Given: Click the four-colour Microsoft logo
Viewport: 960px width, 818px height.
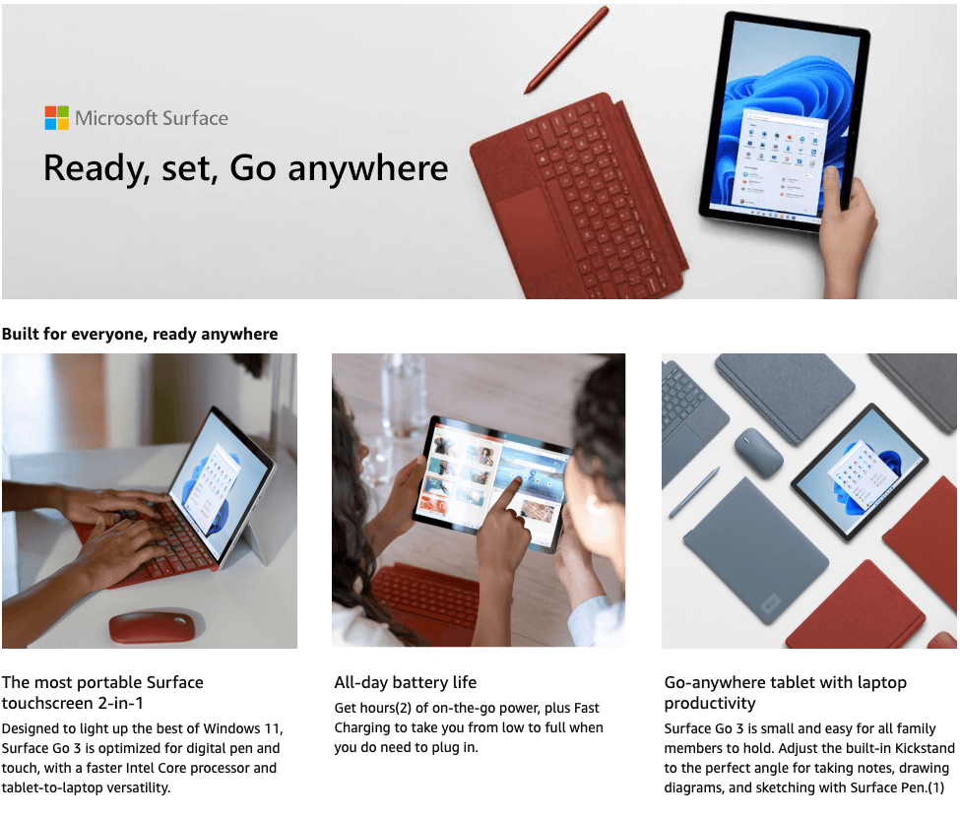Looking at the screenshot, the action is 57,117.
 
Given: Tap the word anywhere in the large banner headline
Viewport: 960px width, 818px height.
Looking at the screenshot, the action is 368,168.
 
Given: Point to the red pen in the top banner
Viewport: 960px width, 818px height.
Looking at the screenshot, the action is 566,50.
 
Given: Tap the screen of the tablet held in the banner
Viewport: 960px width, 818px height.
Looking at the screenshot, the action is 783,121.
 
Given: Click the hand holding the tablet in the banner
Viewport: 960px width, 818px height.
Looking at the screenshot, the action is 848,232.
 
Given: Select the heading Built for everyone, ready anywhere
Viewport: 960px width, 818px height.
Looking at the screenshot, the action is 140,334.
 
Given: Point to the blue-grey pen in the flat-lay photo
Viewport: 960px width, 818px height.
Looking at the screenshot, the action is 694,493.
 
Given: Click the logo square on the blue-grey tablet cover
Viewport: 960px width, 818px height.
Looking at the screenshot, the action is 770,603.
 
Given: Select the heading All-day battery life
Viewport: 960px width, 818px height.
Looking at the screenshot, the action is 406,682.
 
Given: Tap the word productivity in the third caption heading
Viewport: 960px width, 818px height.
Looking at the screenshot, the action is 710,704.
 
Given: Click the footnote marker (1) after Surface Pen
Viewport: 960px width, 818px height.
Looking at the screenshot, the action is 935,787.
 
